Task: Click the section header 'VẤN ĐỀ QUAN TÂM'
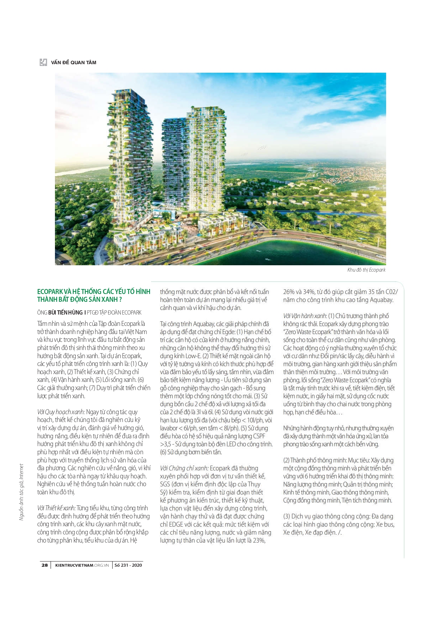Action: click(73, 62)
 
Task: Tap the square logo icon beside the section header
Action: click(43, 62)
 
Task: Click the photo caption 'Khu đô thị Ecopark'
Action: click(366, 270)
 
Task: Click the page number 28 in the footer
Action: click(45, 565)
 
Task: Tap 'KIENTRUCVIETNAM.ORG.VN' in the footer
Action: click(82, 565)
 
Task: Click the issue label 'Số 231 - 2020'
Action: click(128, 565)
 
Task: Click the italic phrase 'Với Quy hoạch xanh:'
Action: click(61, 412)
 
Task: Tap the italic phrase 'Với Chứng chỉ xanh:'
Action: click(184, 468)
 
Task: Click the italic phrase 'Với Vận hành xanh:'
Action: click(305, 316)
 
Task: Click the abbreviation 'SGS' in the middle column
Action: click(165, 484)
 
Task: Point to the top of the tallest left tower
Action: click(122, 91)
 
